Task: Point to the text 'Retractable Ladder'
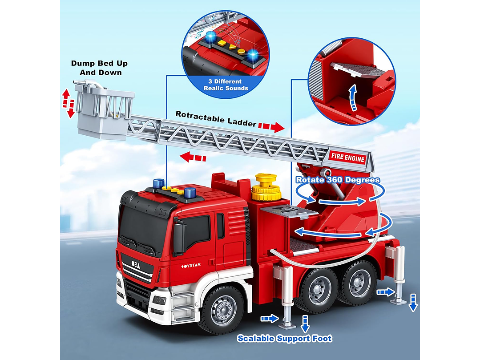click(215, 120)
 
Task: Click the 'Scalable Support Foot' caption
click(284, 339)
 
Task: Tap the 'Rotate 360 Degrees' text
click(338, 180)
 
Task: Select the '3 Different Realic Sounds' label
click(226, 85)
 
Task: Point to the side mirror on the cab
click(179, 238)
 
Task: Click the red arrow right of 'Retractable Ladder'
click(271, 127)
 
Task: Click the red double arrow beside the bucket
click(68, 103)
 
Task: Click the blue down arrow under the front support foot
click(305, 324)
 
